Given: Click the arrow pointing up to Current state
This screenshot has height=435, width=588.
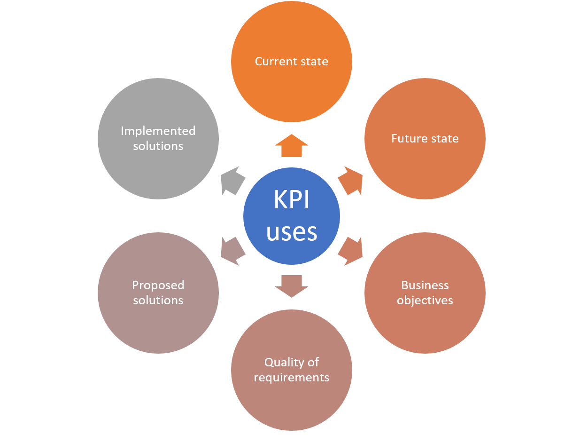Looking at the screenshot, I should (292, 145).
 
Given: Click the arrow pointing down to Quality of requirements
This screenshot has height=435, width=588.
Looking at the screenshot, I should (292, 285).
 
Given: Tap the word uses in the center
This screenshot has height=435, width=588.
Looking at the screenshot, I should (292, 232).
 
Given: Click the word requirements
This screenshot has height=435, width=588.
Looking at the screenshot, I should (292, 377).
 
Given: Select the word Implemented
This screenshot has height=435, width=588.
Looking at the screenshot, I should (158, 131).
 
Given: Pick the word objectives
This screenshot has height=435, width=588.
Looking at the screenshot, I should (425, 300).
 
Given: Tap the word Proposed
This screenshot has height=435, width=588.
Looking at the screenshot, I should (158, 285).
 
